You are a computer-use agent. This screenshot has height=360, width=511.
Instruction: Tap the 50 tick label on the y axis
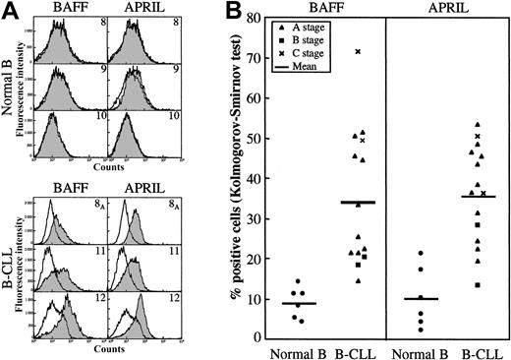[255, 139]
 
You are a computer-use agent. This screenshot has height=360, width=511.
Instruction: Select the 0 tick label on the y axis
[257, 337]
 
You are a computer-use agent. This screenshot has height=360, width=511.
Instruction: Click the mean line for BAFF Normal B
[293, 303]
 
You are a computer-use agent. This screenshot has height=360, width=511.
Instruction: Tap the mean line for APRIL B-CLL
[478, 197]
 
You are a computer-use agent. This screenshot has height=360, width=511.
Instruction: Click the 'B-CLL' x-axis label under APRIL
[479, 350]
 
